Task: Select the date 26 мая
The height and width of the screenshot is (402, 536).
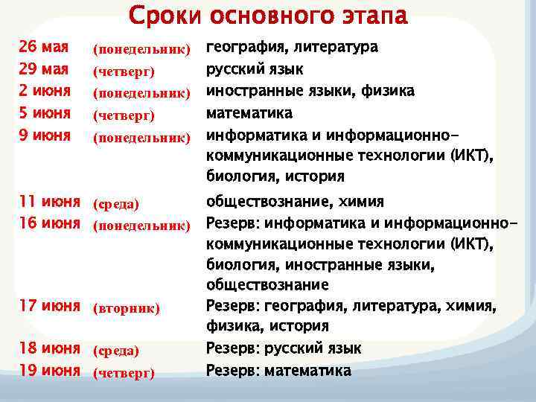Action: click(x=44, y=47)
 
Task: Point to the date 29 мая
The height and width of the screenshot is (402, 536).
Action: click(x=44, y=69)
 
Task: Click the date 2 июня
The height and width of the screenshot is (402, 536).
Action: click(x=45, y=91)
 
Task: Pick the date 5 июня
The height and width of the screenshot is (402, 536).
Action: click(x=45, y=113)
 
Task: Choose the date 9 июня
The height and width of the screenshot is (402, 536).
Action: click(x=45, y=135)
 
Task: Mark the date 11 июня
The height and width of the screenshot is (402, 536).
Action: click(x=49, y=201)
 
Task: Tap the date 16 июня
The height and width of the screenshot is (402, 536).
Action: click(x=49, y=223)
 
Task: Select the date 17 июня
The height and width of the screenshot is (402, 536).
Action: click(x=49, y=305)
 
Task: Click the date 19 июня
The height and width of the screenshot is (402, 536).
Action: click(x=49, y=370)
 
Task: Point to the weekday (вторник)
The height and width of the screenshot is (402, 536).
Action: click(x=126, y=308)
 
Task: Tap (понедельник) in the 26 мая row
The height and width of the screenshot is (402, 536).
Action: click(x=141, y=50)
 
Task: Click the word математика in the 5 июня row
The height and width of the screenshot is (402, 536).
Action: click(x=249, y=113)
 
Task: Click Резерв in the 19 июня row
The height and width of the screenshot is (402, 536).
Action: click(x=229, y=370)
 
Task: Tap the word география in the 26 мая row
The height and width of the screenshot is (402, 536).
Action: click(x=245, y=48)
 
